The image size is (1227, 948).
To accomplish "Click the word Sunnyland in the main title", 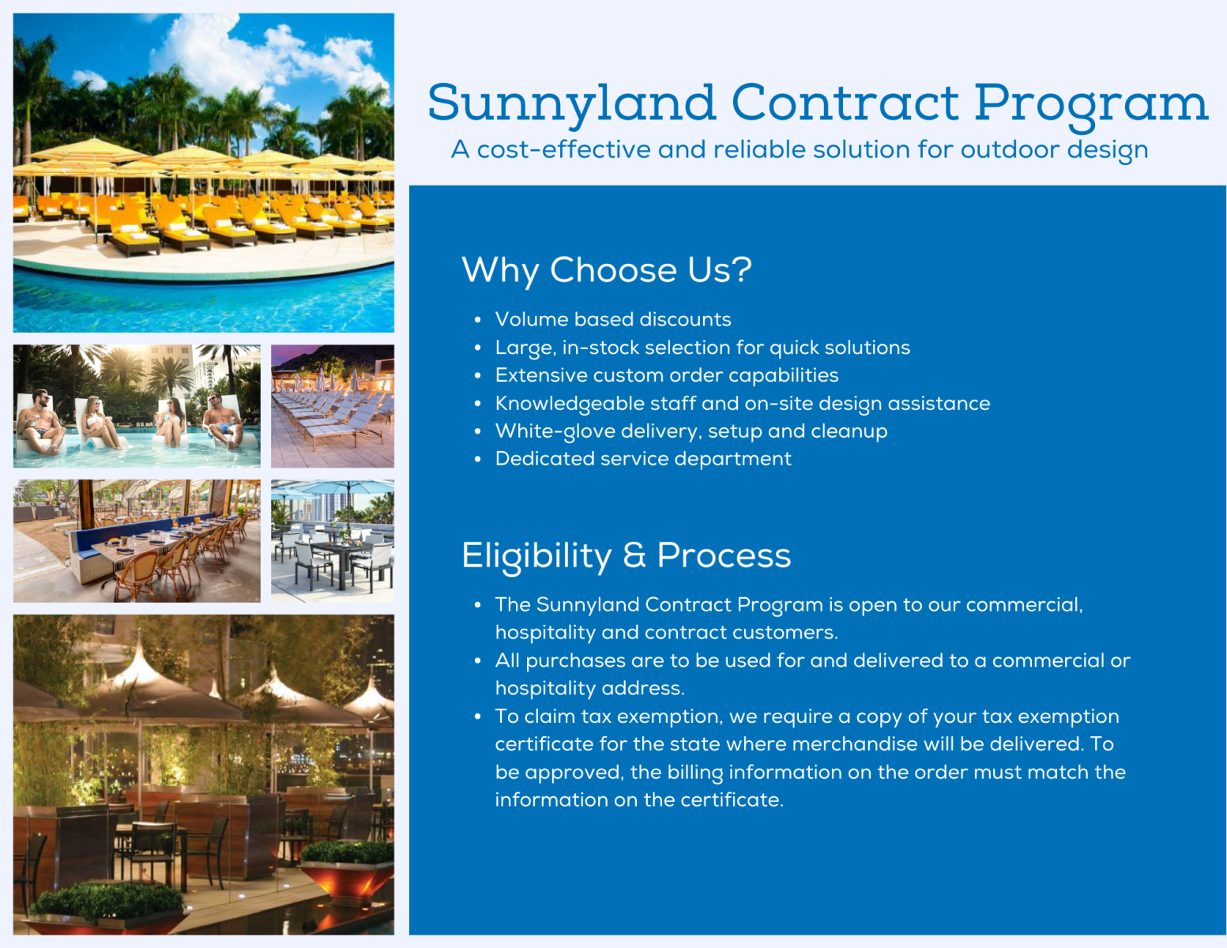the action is click(x=572, y=104).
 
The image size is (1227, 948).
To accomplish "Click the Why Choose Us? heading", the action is click(x=607, y=270).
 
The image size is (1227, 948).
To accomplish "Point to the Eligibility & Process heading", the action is click(x=627, y=556).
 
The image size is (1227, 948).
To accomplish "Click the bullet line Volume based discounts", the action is click(x=612, y=320).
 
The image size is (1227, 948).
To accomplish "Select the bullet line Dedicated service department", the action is click(x=643, y=459).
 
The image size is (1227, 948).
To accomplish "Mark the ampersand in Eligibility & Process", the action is click(x=634, y=555).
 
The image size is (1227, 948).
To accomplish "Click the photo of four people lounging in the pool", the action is click(x=137, y=406).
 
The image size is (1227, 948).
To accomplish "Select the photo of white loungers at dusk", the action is click(x=333, y=406).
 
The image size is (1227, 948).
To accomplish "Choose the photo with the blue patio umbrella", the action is click(x=333, y=541).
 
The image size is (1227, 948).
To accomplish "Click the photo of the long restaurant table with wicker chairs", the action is click(x=137, y=541).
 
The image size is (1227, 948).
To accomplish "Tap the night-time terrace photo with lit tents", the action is click(x=204, y=775).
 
